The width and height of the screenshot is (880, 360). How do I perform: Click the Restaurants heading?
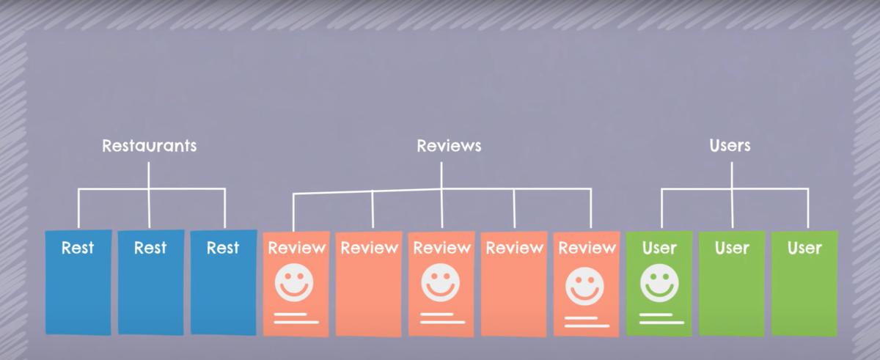pos(149,145)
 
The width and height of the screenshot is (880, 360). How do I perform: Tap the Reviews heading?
pos(449,145)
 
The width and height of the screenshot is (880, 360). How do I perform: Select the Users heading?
pos(730,145)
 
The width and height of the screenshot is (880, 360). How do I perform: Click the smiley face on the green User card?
pos(659,282)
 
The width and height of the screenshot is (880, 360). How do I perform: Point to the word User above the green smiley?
pos(659,248)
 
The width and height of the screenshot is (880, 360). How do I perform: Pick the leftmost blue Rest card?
pos(78,282)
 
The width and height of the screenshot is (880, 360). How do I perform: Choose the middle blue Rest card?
pos(150,282)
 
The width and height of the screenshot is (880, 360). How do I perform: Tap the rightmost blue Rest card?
pos(223,282)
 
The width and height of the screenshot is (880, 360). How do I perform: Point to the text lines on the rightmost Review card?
pos(587,322)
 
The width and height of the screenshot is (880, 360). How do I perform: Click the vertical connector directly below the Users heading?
pos(732,175)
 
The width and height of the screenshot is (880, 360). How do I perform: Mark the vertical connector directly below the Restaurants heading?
pos(149,175)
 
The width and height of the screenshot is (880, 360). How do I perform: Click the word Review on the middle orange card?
pos(441,248)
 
